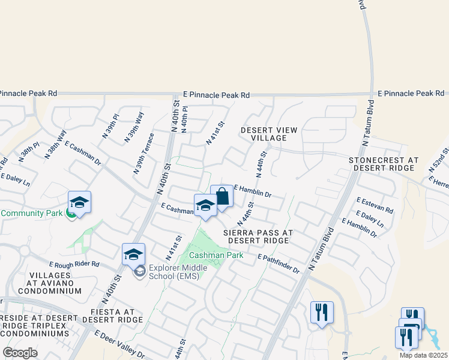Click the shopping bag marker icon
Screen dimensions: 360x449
pyautogui.click(x=221, y=197)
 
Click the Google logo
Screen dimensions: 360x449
pyautogui.click(x=20, y=353)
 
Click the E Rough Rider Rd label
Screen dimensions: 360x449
pyautogui.click(x=74, y=264)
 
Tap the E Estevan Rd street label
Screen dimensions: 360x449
pyautogui.click(x=375, y=206)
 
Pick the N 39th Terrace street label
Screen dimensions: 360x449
pyautogui.click(x=145, y=154)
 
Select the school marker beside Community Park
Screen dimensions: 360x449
pyautogui.click(x=79, y=202)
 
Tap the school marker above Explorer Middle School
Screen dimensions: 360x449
pyautogui.click(x=134, y=254)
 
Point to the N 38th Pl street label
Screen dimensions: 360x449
pyautogui.click(x=29, y=152)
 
